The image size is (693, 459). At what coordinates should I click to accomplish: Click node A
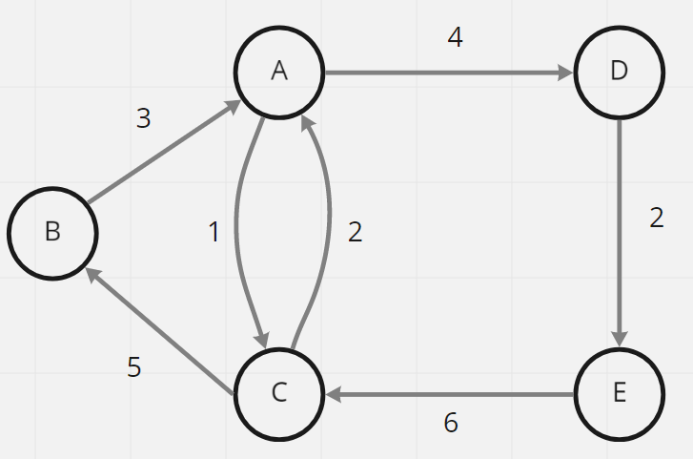pos(279,72)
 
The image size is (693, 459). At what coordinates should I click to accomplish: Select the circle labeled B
pos(52,232)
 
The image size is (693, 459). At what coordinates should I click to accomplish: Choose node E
pos(619,394)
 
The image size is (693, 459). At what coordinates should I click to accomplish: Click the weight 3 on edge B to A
pos(144,118)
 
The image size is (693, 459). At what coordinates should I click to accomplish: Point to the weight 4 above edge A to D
pos(455,40)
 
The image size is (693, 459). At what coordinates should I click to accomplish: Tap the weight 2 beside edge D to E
pos(656,218)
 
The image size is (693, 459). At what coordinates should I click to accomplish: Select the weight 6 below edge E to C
pos(451,423)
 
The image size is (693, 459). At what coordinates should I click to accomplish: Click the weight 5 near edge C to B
pos(134,367)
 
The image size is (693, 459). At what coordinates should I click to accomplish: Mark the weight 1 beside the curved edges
pos(214,232)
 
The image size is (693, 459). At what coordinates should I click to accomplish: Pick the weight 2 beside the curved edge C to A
pos(355,232)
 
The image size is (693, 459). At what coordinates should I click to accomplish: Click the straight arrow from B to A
pos(162,153)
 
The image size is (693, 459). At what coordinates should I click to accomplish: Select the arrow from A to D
pos(448,73)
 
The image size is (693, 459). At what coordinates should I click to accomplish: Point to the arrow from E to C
pos(448,394)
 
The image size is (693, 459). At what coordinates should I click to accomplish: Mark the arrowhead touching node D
pos(565,73)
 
